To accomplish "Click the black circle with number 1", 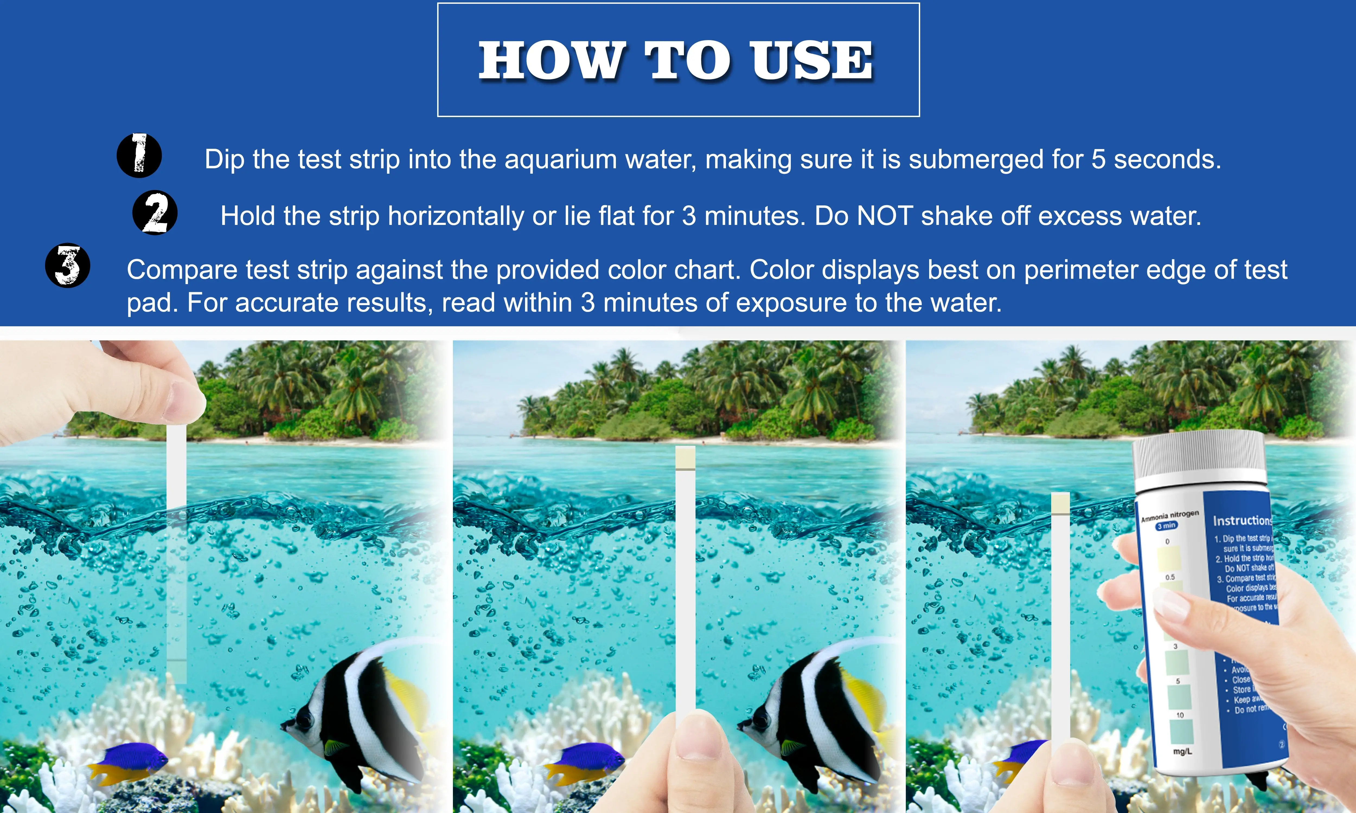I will [139, 156].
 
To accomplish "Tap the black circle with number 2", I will [155, 212].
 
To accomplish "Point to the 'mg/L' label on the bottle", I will [1182, 751].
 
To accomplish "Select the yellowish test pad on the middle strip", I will [685, 458].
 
